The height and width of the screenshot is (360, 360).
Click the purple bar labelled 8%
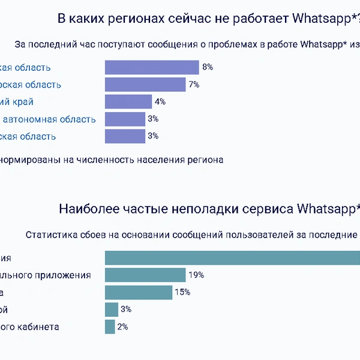[152, 67]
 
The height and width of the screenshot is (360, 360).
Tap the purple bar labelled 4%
[128, 102]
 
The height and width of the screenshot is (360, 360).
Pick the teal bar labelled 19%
[145, 275]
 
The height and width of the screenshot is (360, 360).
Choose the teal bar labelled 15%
[139, 292]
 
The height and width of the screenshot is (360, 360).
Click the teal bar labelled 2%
[110, 327]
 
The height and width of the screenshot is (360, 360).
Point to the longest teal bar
[232, 257]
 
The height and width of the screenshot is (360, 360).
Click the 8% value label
[208, 67]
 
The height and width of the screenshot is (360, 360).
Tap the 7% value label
[194, 85]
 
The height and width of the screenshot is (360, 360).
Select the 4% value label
[160, 102]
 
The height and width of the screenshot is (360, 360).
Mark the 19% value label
[196, 275]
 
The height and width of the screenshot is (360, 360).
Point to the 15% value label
[182, 292]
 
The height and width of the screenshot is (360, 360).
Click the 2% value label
[123, 327]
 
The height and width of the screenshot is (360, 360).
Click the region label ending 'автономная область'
[49, 119]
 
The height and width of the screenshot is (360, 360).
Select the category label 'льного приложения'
[46, 275]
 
